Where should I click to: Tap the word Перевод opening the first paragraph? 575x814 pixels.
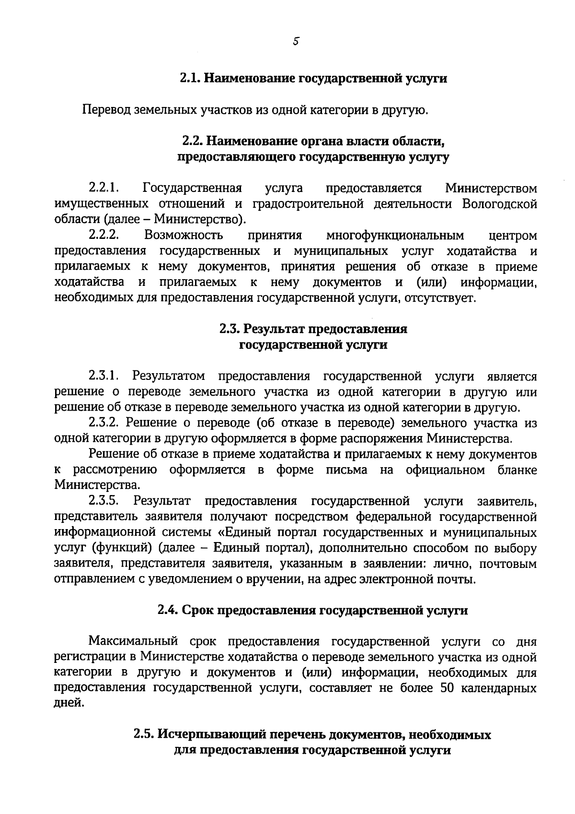coord(106,110)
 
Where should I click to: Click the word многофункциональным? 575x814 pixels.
coord(395,236)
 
